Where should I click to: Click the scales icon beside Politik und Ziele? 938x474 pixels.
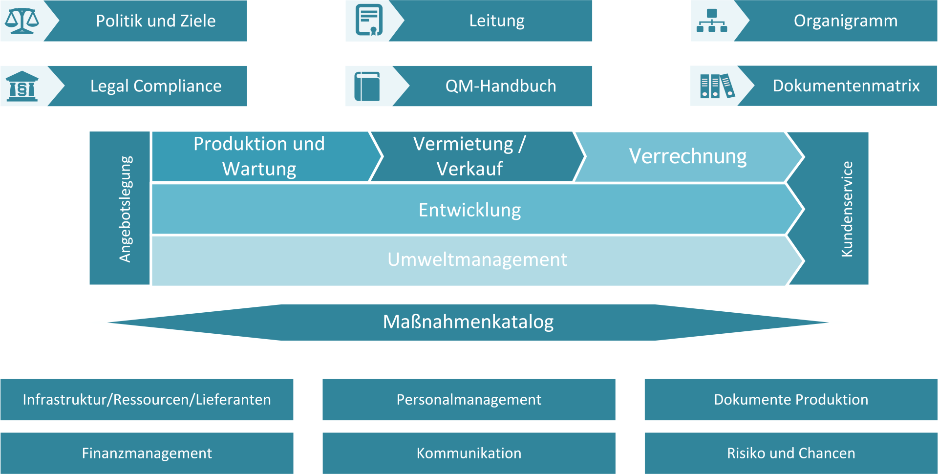[21, 21]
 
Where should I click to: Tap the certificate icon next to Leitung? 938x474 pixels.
[369, 21]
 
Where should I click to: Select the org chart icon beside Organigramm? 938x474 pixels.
[712, 21]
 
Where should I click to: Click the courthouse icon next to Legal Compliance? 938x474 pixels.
[22, 86]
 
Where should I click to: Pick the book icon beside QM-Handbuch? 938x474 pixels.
[367, 86]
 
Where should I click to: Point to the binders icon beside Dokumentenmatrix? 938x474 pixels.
[717, 86]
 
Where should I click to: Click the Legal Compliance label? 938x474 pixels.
[156, 86]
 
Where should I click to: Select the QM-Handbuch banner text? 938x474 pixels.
[501, 86]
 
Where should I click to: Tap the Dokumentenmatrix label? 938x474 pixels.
[846, 86]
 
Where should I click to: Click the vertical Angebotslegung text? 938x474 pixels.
[126, 209]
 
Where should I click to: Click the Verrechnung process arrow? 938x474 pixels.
[689, 157]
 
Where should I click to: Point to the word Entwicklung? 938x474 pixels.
[469, 210]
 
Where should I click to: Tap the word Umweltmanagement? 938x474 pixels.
[477, 259]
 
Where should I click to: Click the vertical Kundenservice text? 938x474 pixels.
[847, 209]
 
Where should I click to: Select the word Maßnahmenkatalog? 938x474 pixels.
[468, 322]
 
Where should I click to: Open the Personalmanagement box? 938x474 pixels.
[469, 400]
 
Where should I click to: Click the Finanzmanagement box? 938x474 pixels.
[147, 453]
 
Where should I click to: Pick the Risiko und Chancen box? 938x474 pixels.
[791, 453]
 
